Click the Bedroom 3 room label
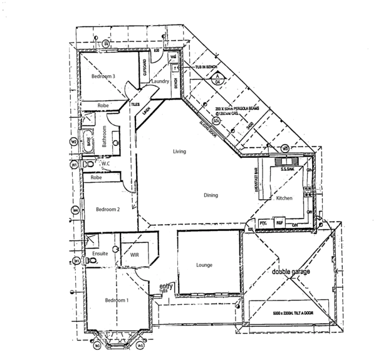103,76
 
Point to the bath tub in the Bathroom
89,141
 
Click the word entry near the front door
166,286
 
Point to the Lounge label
204,265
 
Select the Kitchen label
285,198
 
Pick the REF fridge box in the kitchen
280,222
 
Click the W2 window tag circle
74,141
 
